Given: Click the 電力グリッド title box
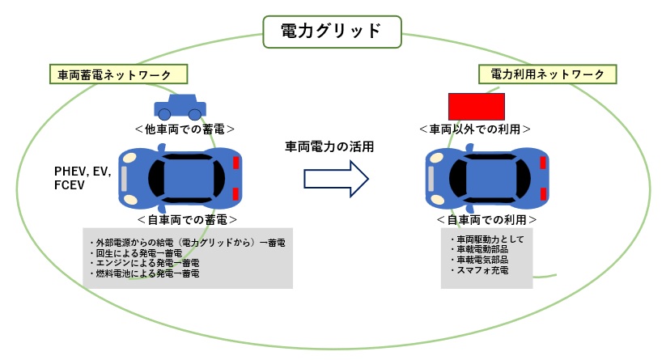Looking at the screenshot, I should click(x=330, y=31).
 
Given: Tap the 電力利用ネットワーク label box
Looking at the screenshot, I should click(x=548, y=74).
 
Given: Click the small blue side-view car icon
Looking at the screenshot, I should click(x=180, y=105).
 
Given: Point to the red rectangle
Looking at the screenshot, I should click(x=477, y=107).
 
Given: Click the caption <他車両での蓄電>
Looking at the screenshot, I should click(x=185, y=129).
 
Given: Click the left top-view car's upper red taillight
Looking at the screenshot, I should click(x=235, y=163).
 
